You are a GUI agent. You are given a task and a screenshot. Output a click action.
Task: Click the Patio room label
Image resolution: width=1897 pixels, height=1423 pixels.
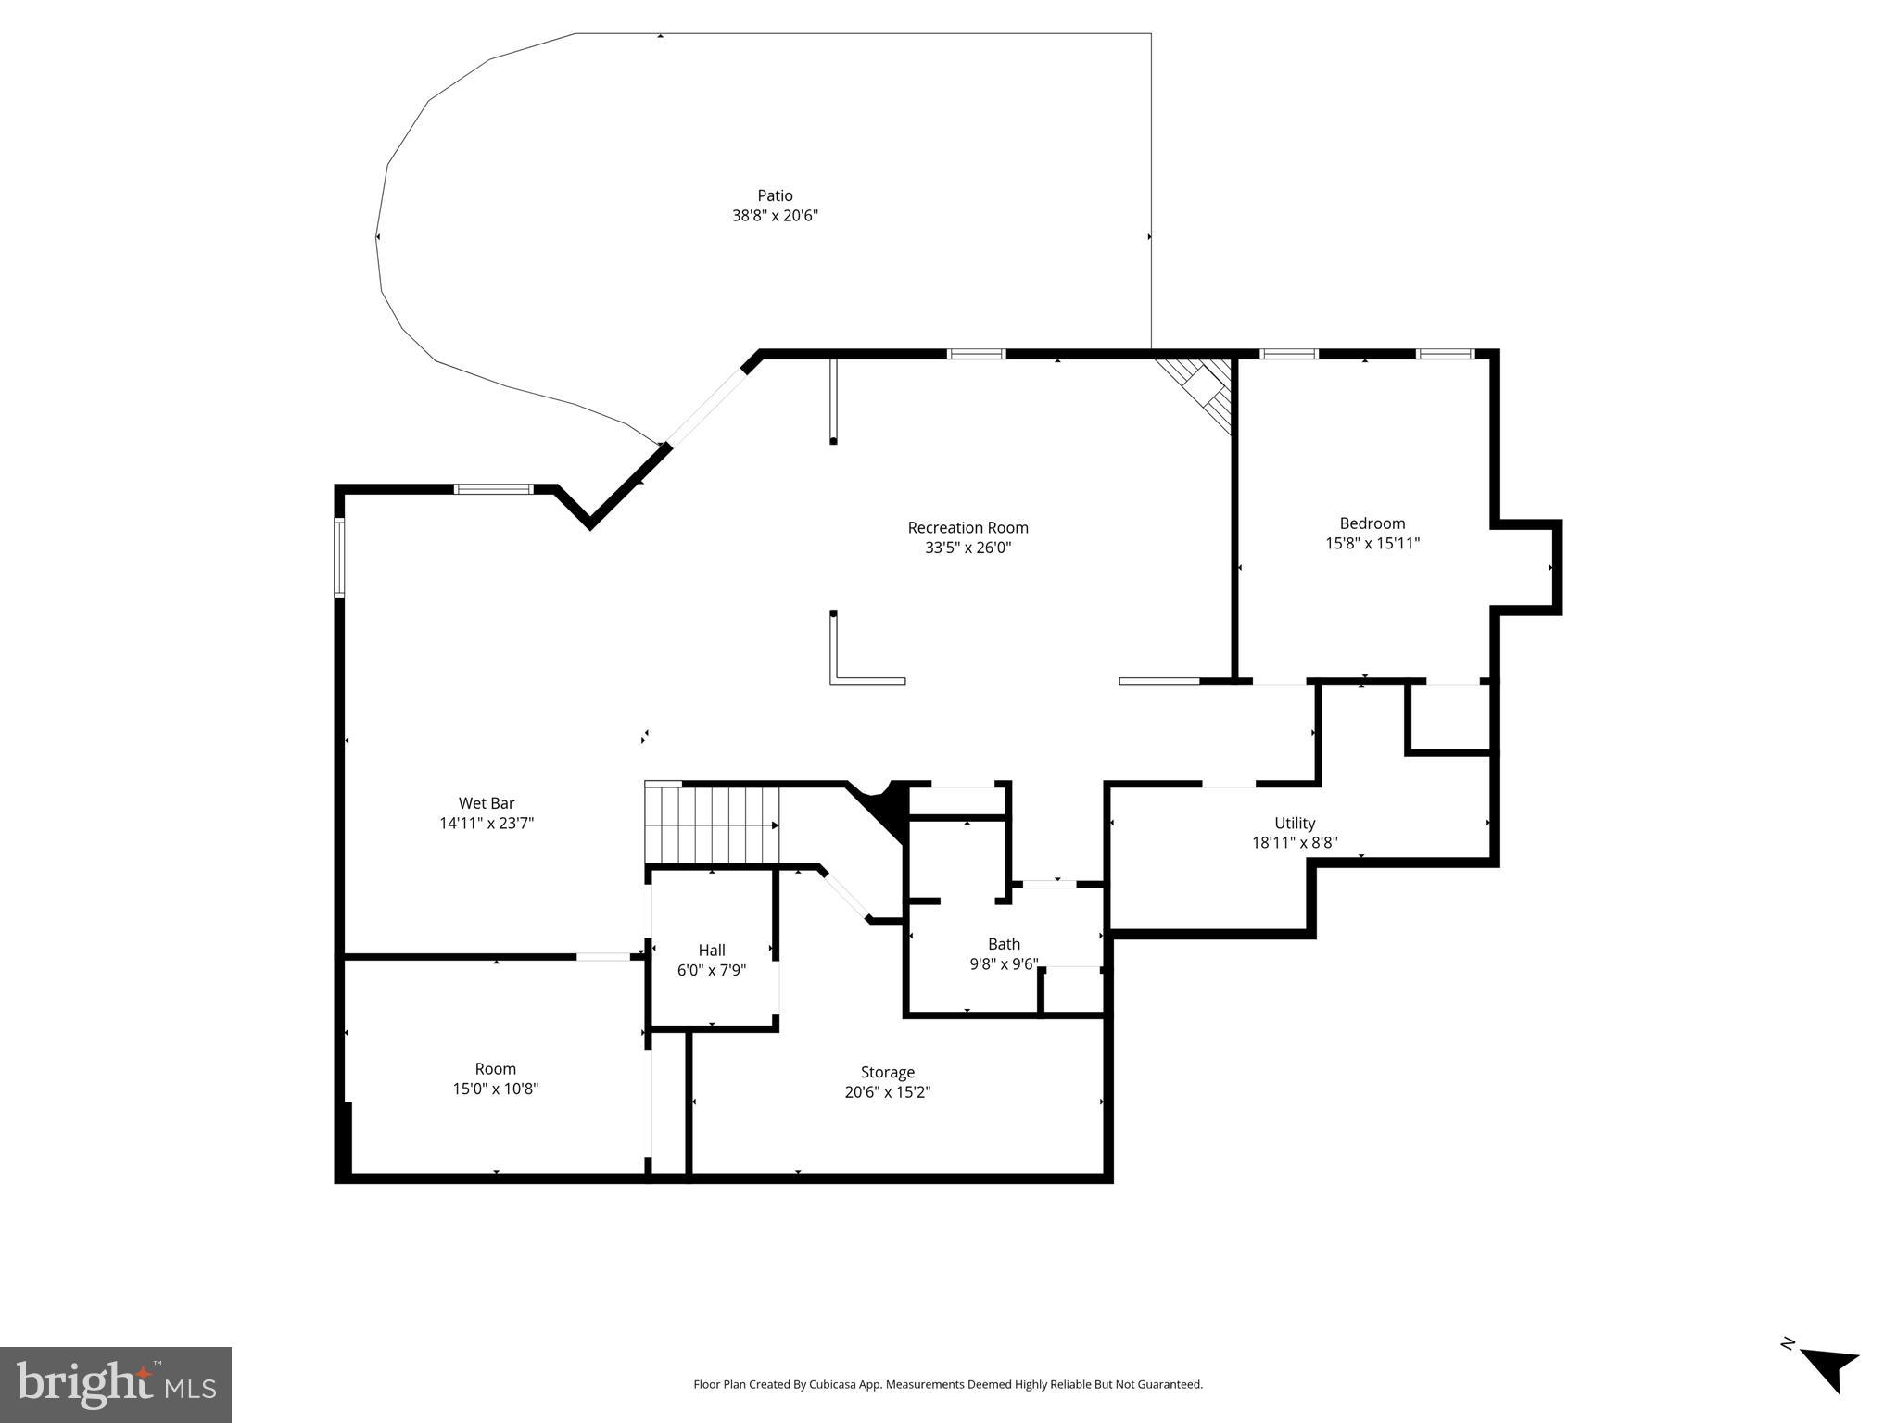(775, 195)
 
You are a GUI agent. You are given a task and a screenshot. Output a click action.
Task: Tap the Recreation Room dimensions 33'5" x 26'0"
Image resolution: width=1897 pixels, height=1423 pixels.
(967, 548)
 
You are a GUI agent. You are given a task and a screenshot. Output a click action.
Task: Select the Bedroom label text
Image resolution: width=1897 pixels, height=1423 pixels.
(1372, 523)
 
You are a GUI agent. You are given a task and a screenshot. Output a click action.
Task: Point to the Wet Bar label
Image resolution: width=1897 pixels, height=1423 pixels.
(487, 803)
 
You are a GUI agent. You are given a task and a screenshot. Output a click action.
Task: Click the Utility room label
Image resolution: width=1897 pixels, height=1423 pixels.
(1294, 823)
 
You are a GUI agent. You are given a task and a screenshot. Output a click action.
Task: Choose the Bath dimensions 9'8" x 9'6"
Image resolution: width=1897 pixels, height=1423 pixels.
(1004, 963)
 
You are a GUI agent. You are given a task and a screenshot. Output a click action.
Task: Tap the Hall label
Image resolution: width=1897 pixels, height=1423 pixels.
(712, 950)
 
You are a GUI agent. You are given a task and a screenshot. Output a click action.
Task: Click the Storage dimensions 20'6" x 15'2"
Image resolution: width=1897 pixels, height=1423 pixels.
(887, 1092)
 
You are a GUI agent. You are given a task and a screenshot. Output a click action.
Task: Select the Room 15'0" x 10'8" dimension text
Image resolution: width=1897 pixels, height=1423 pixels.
(495, 1089)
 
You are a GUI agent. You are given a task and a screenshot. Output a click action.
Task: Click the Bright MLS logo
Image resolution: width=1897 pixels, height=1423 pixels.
(116, 1385)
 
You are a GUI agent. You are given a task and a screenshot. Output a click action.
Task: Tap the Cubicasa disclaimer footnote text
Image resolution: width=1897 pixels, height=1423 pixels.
(947, 1384)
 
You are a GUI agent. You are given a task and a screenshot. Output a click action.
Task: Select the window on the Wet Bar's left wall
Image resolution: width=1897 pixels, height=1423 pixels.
(339, 557)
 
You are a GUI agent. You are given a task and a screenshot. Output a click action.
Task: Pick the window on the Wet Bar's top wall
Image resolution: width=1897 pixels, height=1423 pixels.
(493, 488)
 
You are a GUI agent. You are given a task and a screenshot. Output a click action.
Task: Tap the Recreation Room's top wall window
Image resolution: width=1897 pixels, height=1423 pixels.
(976, 354)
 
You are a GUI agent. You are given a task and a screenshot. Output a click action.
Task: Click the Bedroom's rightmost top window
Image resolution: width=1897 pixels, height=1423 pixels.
(1444, 354)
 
